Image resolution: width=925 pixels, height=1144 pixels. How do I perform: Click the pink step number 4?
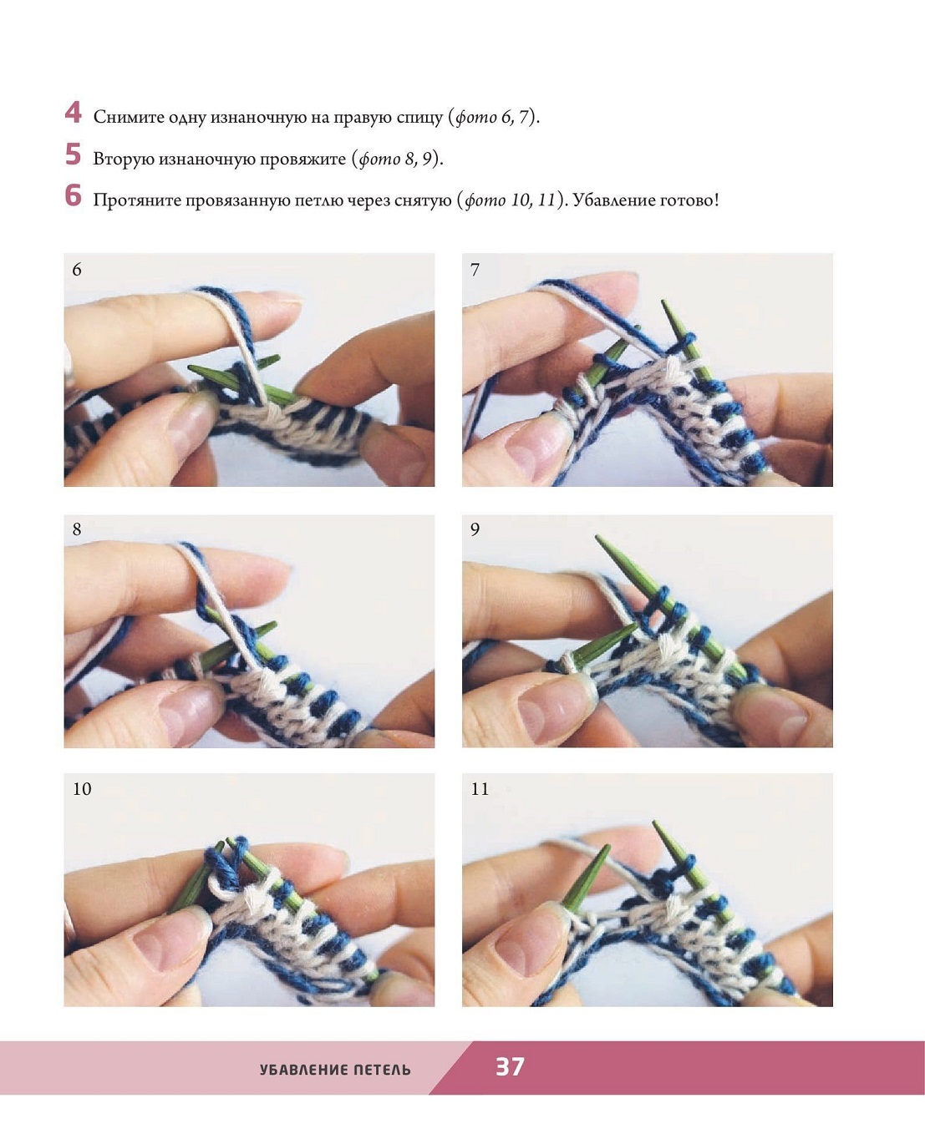point(73,113)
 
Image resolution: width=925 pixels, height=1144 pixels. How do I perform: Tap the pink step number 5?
point(73,154)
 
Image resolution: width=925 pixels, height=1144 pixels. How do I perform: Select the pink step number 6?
point(73,195)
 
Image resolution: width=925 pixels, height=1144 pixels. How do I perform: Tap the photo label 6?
point(77,270)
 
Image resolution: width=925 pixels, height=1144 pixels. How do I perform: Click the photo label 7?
point(475,270)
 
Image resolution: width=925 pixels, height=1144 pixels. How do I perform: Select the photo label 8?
point(77,529)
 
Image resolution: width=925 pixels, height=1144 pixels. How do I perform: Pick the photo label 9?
point(475,529)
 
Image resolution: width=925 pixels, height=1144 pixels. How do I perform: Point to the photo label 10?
point(82,789)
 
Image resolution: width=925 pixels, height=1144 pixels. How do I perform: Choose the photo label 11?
point(480,789)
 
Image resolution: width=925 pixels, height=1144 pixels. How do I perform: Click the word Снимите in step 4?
point(129,117)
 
